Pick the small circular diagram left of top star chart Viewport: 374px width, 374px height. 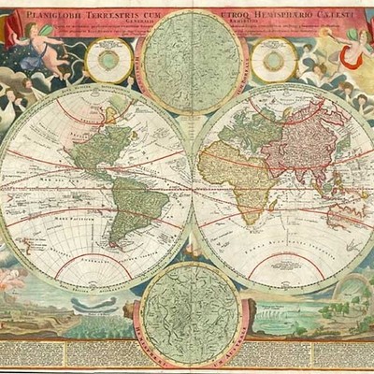(109, 61)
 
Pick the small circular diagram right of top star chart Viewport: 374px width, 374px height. (274, 61)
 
